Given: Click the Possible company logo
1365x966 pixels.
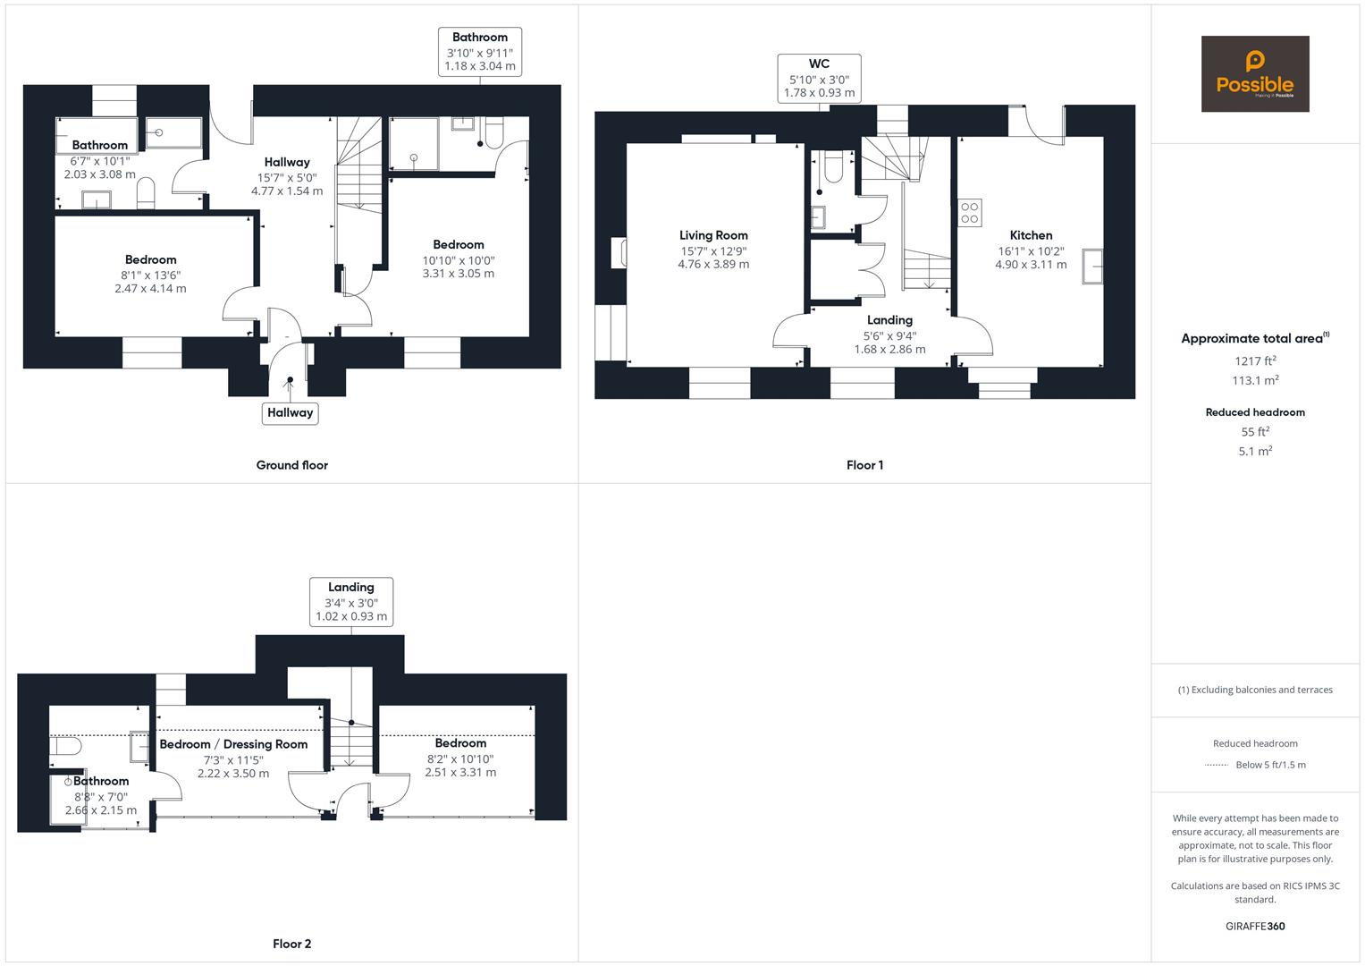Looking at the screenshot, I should click(x=1254, y=73).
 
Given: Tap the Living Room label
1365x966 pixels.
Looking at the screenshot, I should click(x=713, y=236).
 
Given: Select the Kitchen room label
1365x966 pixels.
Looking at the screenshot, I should click(x=1031, y=236).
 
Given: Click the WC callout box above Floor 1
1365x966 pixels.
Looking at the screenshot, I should click(x=819, y=78).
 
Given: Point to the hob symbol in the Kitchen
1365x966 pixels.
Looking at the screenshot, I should click(x=970, y=213).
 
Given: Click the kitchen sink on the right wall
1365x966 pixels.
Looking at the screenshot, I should click(x=1092, y=267).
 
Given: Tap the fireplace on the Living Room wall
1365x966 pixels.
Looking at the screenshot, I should click(x=618, y=253).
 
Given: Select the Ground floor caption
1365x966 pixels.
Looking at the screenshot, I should click(x=291, y=465).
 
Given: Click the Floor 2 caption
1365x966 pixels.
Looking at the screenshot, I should click(x=291, y=944).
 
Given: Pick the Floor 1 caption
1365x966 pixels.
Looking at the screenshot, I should click(x=864, y=465).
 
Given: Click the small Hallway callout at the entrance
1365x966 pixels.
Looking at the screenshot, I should click(x=290, y=412).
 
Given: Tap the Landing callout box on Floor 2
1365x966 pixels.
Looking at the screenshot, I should click(x=351, y=601).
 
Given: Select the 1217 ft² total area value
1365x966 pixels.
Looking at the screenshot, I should click(x=1255, y=361).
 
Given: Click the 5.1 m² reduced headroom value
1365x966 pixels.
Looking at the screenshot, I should click(x=1255, y=452).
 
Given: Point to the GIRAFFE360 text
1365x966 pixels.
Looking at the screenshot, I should click(x=1255, y=926).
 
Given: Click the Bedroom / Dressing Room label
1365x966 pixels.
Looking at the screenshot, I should click(x=233, y=744).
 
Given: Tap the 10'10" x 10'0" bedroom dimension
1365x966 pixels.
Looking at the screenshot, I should click(x=459, y=260).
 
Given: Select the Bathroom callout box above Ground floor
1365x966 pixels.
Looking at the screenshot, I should click(x=480, y=51).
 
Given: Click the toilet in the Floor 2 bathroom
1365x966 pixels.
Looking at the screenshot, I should click(x=66, y=746).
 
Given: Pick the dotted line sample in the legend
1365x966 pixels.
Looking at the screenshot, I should click(x=1217, y=765).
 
